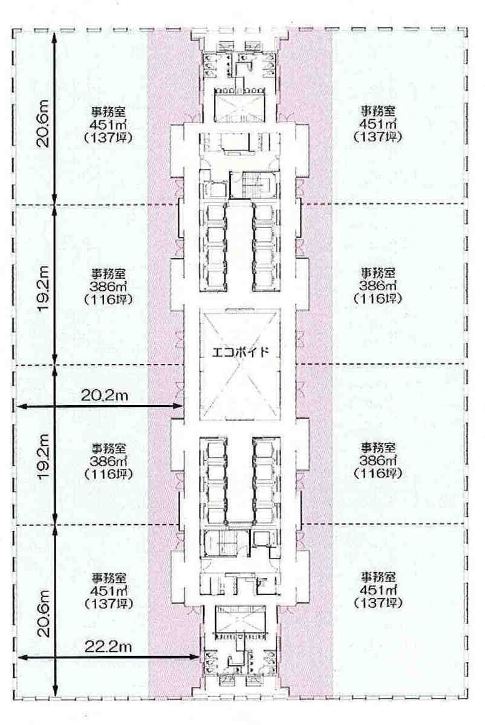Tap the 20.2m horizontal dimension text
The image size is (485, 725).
pos(105,396)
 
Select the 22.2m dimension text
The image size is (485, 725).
pos(108,646)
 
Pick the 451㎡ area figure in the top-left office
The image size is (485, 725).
pos(109,125)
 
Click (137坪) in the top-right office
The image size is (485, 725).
pos(378,137)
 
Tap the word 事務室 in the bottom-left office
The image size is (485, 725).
pos(109,578)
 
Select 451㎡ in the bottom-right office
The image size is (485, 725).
pos(378,590)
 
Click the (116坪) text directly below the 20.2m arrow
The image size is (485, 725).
pos(109,474)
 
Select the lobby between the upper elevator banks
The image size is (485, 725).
pos(239,247)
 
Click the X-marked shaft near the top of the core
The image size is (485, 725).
pos(239,106)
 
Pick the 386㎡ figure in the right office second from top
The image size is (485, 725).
pos(378,286)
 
